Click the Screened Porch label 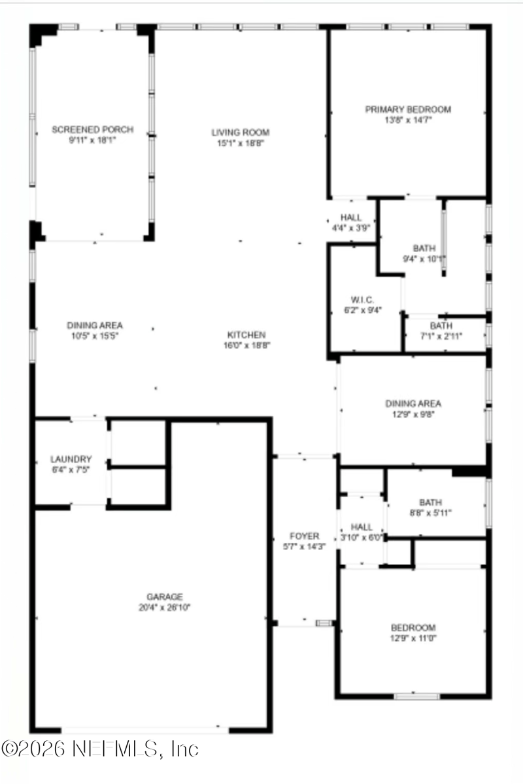pyautogui.click(x=92, y=130)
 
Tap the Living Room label pyautogui.click(x=241, y=132)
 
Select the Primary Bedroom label pyautogui.click(x=408, y=110)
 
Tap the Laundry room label pyautogui.click(x=71, y=459)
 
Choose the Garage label pyautogui.click(x=164, y=596)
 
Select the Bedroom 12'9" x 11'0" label pyautogui.click(x=413, y=628)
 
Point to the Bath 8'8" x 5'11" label pyautogui.click(x=430, y=502)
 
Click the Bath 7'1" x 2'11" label pyautogui.click(x=441, y=326)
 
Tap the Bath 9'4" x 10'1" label pyautogui.click(x=424, y=248)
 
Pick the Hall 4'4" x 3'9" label pyautogui.click(x=351, y=218)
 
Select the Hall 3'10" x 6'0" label pyautogui.click(x=362, y=527)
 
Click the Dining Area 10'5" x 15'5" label pyautogui.click(x=95, y=325)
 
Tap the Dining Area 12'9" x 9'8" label pyautogui.click(x=413, y=404)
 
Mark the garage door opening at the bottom pyautogui.click(x=145, y=729)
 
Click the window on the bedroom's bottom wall pyautogui.click(x=416, y=696)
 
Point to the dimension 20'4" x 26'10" pyautogui.click(x=164, y=607)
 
